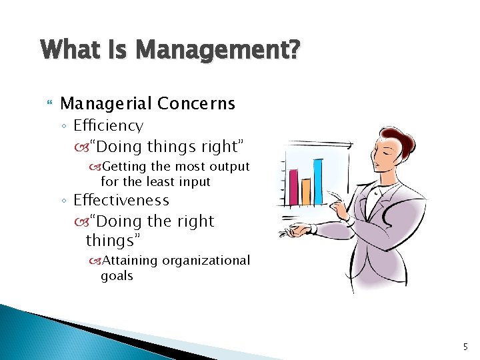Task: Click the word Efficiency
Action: click(x=108, y=125)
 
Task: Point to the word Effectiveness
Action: click(x=121, y=200)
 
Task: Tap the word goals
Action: click(x=117, y=275)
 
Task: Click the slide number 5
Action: click(x=465, y=346)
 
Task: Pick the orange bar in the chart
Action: click(x=306, y=191)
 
